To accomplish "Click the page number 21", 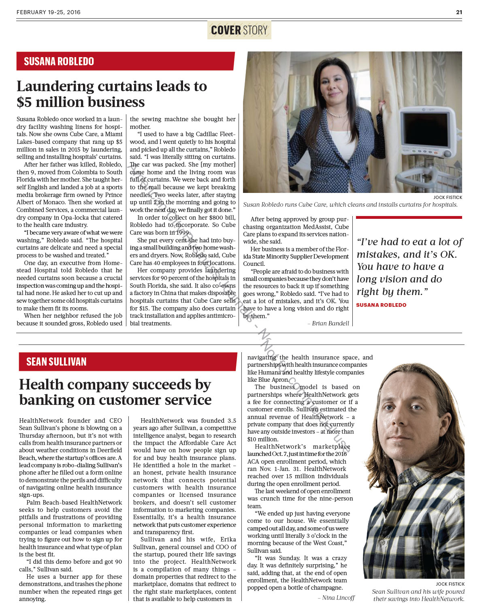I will [x=459, y=12].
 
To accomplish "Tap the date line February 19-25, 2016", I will [x=49, y=12].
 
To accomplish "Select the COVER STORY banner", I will [x=239, y=30].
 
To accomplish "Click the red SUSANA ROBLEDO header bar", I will [x=126, y=61].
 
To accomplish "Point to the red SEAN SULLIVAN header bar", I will [x=128, y=362].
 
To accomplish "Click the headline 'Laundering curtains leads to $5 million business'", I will [x=112, y=94].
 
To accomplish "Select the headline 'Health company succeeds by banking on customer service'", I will [x=115, y=392].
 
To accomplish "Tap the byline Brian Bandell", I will [x=330, y=323].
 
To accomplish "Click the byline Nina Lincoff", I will [x=338, y=598].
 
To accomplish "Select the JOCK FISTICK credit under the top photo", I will [x=448, y=197].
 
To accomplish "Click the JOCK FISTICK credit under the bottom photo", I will [x=450, y=584].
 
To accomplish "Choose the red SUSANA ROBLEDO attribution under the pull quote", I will [x=381, y=305].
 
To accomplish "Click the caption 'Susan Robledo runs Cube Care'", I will [x=350, y=205].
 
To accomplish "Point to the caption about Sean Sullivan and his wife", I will [x=418, y=595].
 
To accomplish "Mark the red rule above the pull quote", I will [x=409, y=218].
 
